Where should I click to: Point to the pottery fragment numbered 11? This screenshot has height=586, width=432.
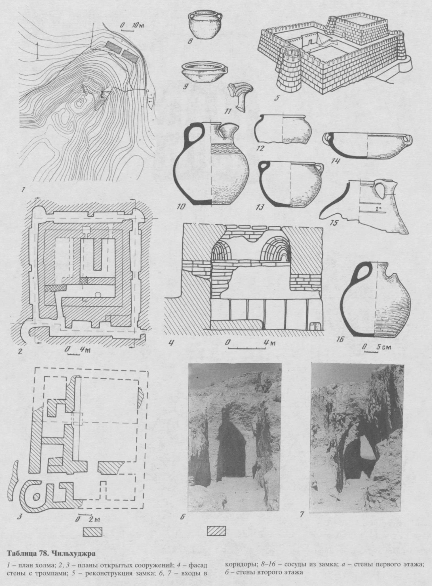point(238,96)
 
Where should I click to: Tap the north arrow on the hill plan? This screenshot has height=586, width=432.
point(37,49)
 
